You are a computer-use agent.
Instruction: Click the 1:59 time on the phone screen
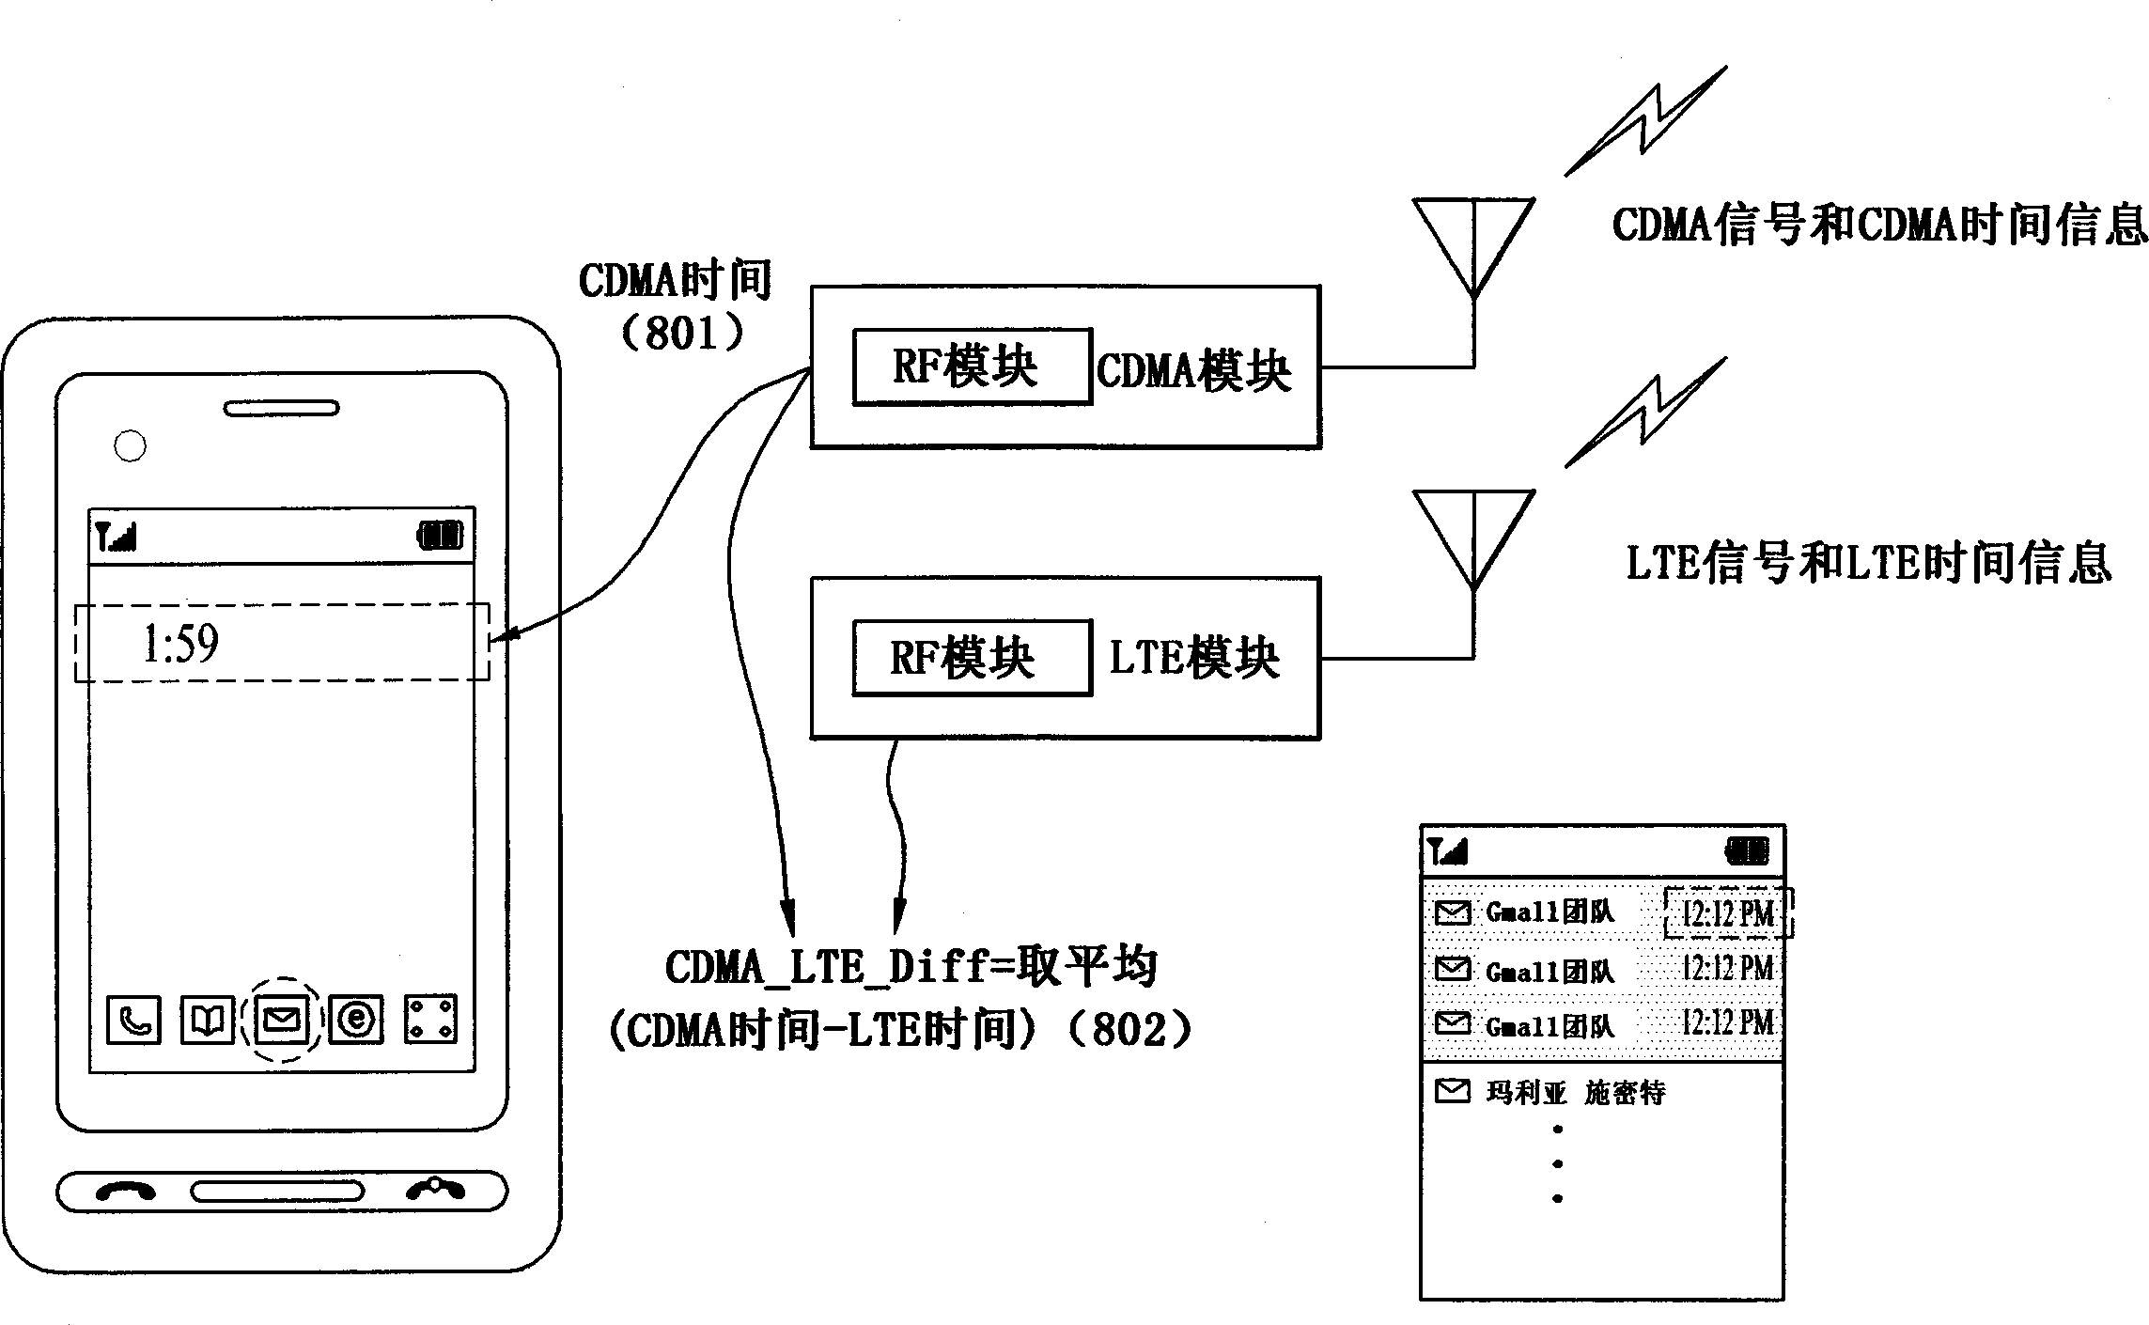pos(180,645)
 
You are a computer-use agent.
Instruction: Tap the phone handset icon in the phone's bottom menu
pos(134,1020)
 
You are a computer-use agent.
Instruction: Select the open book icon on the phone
pos(207,1020)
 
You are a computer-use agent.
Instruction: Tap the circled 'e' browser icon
pos(356,1020)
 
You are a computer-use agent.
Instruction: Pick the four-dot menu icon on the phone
pos(430,1020)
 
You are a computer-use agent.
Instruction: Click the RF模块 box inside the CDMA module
pos(972,366)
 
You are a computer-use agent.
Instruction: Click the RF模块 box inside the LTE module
pos(972,658)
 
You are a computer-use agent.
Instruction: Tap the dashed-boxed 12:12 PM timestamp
pos(1727,913)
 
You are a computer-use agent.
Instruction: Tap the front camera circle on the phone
pos(130,446)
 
